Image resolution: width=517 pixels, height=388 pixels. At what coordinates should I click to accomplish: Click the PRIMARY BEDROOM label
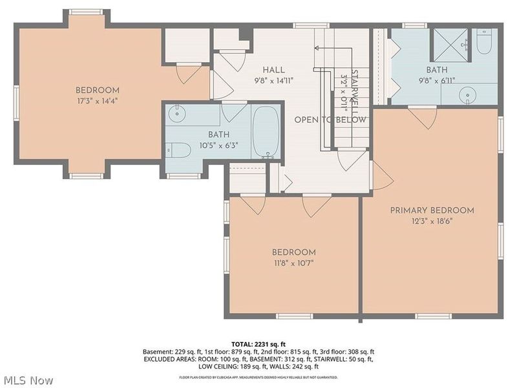[432, 210]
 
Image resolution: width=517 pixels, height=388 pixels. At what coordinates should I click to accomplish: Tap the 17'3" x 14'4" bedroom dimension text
[97, 100]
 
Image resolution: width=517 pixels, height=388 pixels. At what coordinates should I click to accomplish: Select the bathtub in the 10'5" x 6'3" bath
[265, 133]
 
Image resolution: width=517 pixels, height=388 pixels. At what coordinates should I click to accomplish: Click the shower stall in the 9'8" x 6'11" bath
[449, 43]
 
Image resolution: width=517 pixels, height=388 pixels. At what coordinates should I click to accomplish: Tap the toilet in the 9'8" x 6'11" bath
[484, 43]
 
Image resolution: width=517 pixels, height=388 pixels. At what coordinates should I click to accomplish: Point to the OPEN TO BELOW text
[330, 120]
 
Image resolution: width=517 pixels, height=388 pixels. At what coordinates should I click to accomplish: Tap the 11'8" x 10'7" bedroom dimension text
[293, 263]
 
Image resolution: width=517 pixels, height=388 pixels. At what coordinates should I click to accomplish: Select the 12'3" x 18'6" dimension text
[432, 221]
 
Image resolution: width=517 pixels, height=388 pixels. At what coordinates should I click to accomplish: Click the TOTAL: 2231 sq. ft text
[258, 343]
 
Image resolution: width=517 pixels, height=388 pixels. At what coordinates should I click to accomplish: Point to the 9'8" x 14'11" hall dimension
[274, 81]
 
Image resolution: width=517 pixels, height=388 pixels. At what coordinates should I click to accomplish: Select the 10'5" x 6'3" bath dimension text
[218, 145]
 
